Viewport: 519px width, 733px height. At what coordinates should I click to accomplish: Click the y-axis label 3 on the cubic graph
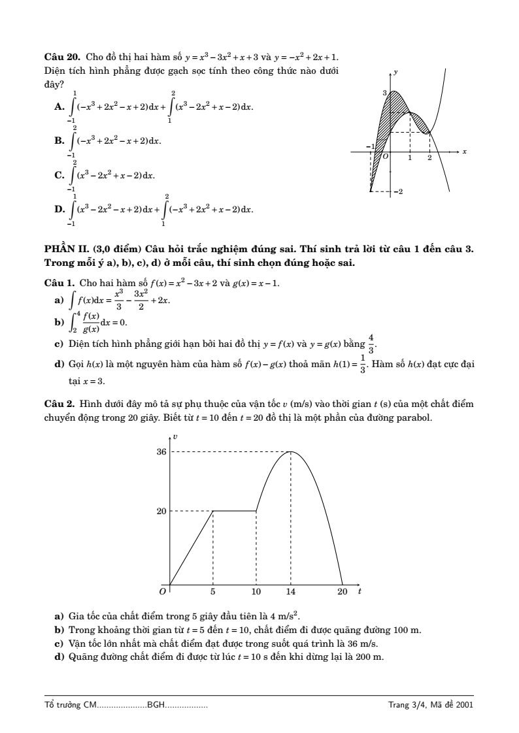385,94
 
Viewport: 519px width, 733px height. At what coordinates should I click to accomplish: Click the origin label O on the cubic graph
386,157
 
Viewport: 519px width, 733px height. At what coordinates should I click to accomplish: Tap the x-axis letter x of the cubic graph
465,152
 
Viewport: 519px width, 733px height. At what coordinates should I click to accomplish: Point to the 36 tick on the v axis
161,451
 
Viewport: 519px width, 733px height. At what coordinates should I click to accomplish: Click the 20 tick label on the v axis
161,511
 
